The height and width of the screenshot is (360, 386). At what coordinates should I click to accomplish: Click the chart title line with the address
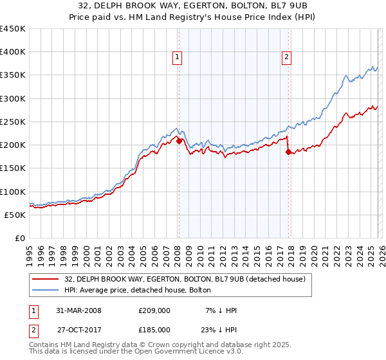point(193,6)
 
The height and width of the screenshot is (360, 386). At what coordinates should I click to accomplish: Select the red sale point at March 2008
point(179,141)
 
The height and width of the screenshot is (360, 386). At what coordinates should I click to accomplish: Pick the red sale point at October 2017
point(288,152)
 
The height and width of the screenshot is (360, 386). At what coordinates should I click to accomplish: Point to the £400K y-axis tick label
point(13,52)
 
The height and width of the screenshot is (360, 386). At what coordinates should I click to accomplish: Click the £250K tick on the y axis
point(13,122)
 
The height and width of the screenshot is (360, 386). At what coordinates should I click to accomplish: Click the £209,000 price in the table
point(154,310)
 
